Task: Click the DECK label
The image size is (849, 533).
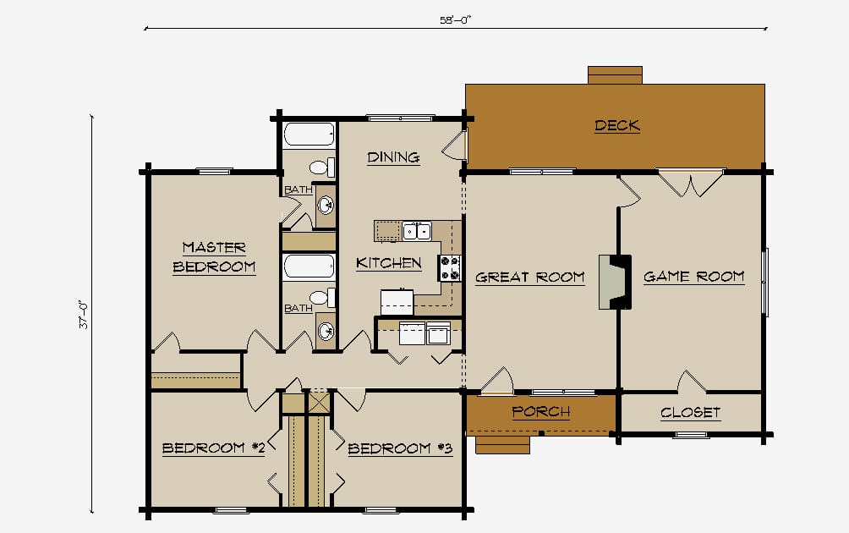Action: click(617, 126)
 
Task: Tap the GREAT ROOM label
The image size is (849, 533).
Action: click(530, 277)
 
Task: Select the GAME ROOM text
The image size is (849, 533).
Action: click(693, 277)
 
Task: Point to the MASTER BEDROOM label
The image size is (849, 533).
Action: click(215, 257)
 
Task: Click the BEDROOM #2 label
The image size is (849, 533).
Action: click(213, 448)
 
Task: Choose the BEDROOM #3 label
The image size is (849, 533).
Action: click(400, 448)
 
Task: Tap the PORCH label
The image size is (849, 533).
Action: click(541, 412)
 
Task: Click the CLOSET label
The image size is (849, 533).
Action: click(690, 413)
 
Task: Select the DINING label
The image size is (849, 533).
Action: click(394, 157)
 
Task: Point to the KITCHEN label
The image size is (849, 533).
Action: click(389, 263)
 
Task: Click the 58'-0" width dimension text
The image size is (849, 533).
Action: click(455, 20)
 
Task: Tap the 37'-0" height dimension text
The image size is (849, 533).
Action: click(85, 315)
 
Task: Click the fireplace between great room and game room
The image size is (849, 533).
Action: click(615, 283)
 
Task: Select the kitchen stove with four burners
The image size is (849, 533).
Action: click(449, 268)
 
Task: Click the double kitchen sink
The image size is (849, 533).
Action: click(416, 231)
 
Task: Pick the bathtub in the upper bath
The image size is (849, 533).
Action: click(309, 135)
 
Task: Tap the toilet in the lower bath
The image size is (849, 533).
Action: click(321, 297)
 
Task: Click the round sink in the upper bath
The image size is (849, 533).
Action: click(326, 206)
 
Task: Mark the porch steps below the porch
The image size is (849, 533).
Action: click(502, 445)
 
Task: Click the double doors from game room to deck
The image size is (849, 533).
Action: click(690, 183)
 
